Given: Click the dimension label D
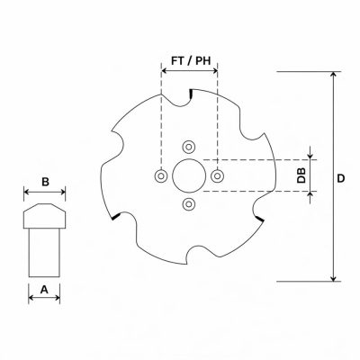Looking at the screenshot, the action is [x=341, y=178].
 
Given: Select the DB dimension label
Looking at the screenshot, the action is [x=301, y=175].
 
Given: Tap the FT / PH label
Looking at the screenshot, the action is [x=191, y=61].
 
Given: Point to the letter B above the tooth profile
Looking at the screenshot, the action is [x=45, y=182].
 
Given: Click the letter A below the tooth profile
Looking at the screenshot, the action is [x=44, y=290].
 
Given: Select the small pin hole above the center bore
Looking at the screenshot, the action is [x=189, y=147].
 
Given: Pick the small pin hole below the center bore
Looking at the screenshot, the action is [x=189, y=204].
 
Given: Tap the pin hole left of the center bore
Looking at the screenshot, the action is [x=161, y=175].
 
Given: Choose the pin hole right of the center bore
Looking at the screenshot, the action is [x=217, y=175].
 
